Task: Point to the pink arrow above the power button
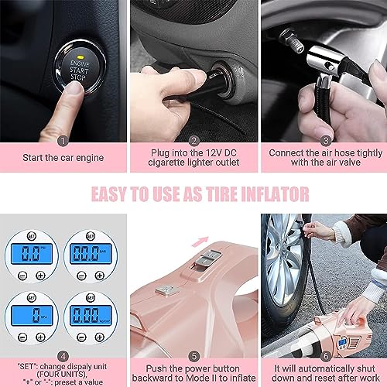point(202,222)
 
